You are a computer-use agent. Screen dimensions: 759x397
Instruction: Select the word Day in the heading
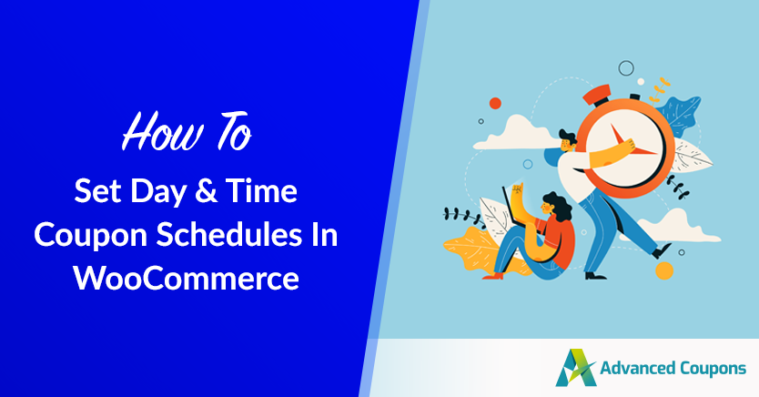158,192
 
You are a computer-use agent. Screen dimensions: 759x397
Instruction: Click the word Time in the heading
261,190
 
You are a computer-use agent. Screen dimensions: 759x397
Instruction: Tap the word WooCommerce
186,278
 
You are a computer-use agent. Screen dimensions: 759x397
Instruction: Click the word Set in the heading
97,190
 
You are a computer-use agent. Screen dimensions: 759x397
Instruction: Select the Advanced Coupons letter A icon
575,368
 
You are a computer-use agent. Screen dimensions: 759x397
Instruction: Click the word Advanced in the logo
637,368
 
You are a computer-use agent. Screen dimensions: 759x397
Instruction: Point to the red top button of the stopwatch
597,95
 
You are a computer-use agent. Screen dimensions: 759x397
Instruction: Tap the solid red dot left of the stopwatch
495,103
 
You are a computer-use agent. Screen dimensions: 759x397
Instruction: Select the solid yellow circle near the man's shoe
664,270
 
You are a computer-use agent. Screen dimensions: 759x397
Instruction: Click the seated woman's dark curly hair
559,205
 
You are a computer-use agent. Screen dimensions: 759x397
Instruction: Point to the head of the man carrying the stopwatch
568,141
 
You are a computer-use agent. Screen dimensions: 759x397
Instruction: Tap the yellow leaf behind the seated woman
472,249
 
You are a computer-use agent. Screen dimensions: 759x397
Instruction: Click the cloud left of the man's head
514,133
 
